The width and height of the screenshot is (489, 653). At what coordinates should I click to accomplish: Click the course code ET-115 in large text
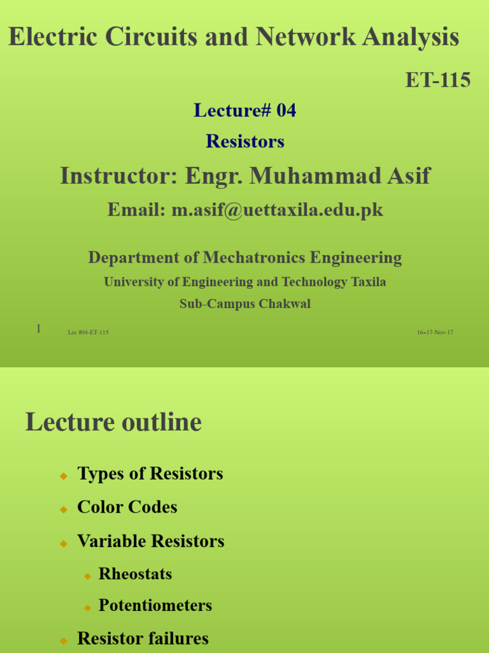click(x=438, y=80)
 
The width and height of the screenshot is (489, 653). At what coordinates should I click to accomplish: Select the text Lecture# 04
click(x=244, y=111)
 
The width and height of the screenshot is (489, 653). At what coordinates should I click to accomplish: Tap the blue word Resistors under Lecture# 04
click(x=244, y=142)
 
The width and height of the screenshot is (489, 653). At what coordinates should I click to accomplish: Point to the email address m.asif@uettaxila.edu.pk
click(x=277, y=210)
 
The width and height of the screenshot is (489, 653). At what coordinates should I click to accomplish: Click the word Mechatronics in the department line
click(x=255, y=258)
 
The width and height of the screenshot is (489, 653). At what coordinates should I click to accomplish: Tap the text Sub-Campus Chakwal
click(x=244, y=304)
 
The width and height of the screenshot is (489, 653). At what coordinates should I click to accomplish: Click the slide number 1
click(x=38, y=329)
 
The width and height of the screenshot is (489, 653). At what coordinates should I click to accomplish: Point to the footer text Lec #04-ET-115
click(x=88, y=332)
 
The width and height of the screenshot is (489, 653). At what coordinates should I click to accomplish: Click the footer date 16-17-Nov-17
click(x=435, y=332)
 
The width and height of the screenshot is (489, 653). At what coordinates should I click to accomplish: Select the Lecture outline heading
click(x=113, y=422)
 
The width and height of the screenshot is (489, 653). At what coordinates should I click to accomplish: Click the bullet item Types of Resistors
click(x=150, y=474)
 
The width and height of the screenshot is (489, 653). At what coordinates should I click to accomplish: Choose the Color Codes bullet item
click(x=127, y=507)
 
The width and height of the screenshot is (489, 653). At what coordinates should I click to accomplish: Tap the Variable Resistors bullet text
click(x=150, y=541)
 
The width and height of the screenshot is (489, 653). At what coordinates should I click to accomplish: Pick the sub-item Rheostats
click(x=135, y=574)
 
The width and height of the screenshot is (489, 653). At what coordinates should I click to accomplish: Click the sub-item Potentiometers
click(x=155, y=606)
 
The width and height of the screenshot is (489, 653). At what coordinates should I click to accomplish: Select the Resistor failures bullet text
click(x=143, y=638)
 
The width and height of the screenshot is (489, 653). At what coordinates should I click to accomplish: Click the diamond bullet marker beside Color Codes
click(x=63, y=509)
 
